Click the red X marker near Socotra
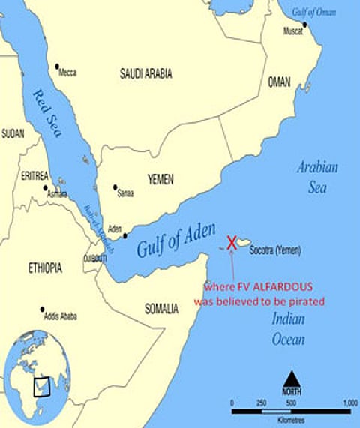pyautogui.click(x=232, y=242)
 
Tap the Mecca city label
pyautogui.click(x=67, y=73)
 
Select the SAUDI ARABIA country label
pyautogui.click(x=145, y=73)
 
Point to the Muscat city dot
pyautogui.click(x=304, y=25)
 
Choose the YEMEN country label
pyautogui.click(x=160, y=179)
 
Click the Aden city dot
pyautogui.click(x=124, y=235)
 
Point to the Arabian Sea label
pyautogui.click(x=316, y=177)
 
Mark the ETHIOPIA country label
pyautogui.click(x=45, y=268)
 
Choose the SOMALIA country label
pyautogui.click(x=161, y=308)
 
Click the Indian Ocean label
pyautogui.click(x=288, y=331)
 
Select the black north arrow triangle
pyautogui.click(x=291, y=378)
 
